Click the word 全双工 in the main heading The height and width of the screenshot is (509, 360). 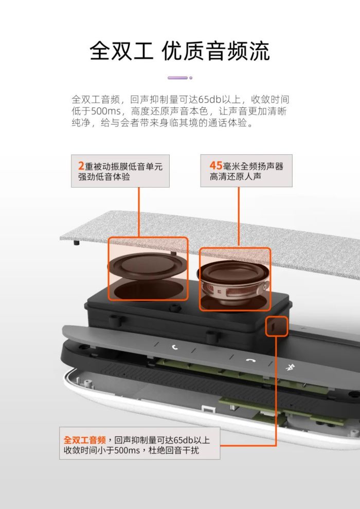coord(121,51)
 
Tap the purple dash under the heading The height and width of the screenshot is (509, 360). coord(177,78)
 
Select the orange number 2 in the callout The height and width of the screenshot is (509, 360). coord(81,166)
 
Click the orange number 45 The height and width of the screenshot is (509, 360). coord(215,165)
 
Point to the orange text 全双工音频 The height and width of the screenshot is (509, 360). coord(85,440)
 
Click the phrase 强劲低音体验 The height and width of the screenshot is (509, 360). coord(104,177)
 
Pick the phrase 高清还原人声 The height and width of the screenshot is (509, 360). coord(236,176)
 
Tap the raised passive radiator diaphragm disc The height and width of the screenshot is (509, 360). coord(148,265)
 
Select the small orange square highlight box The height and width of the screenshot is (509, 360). coord(277,326)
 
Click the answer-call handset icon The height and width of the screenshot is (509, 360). coord(175,348)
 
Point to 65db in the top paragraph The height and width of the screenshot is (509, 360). coord(208,99)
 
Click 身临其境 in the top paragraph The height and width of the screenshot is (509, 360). coord(178,123)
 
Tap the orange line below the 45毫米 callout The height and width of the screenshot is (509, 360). coord(239,216)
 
